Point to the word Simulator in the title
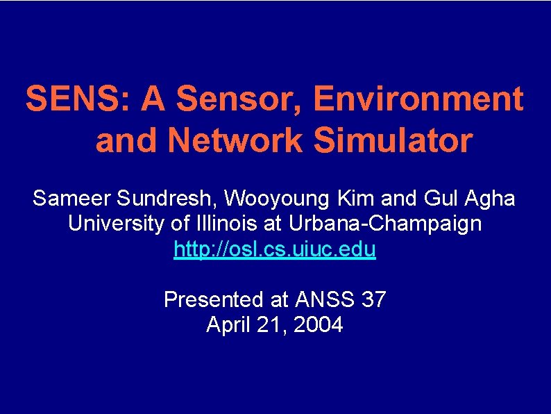[x=393, y=141]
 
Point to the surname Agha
[x=493, y=199]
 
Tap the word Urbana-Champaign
[x=387, y=224]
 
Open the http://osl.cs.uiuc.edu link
[x=275, y=249]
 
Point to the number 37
[x=374, y=299]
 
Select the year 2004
[x=319, y=324]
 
